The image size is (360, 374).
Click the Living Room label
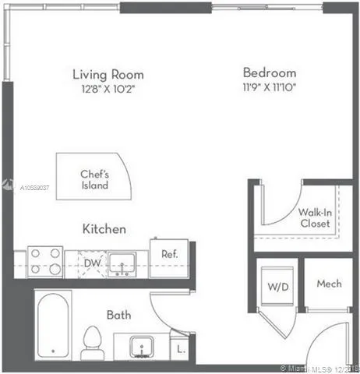pos(108,75)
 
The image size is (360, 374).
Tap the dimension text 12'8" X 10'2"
pos(108,89)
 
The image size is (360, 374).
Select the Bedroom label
pos(270,72)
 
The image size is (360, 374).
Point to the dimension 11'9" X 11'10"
pos(270,87)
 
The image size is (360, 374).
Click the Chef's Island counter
pos(94,176)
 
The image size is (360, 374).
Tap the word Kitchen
pos(104,229)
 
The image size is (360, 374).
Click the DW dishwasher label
pos(92,263)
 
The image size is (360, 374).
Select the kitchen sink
pos(122,264)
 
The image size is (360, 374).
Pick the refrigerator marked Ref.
pos(169,259)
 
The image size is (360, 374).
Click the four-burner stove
pos(45,262)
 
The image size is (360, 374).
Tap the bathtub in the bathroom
pos(53,325)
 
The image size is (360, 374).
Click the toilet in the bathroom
pos(92,343)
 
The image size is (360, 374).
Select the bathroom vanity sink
pos(142,347)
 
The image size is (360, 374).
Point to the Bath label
pos(119,315)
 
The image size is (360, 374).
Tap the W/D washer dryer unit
pos(277,286)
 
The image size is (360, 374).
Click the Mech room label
pos(329,284)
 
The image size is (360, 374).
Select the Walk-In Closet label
pos(315,218)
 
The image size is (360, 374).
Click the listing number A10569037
pos(34,188)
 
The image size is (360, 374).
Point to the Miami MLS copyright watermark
pos(320,369)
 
